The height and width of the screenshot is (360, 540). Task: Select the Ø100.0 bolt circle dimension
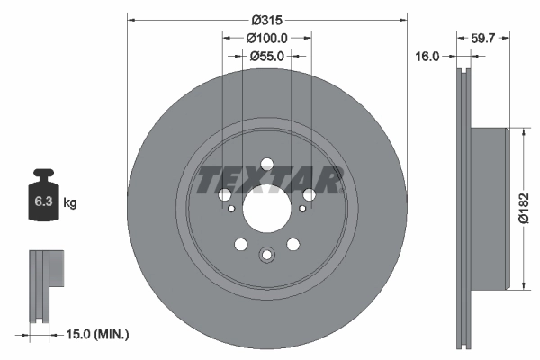(x=266, y=38)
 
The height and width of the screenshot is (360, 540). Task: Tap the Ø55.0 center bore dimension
(x=266, y=56)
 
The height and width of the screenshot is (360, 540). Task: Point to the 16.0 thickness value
(x=427, y=56)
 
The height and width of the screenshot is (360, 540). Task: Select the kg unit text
(x=69, y=203)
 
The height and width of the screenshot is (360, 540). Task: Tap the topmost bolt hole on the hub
(x=266, y=164)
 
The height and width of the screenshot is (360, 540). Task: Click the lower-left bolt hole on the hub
(x=239, y=245)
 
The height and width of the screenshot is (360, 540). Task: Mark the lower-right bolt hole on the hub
(x=293, y=245)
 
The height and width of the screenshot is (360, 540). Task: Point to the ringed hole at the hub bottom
(x=266, y=256)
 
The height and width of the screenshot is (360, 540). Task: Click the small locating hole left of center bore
(x=231, y=211)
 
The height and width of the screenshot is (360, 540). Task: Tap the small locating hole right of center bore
(x=301, y=211)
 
